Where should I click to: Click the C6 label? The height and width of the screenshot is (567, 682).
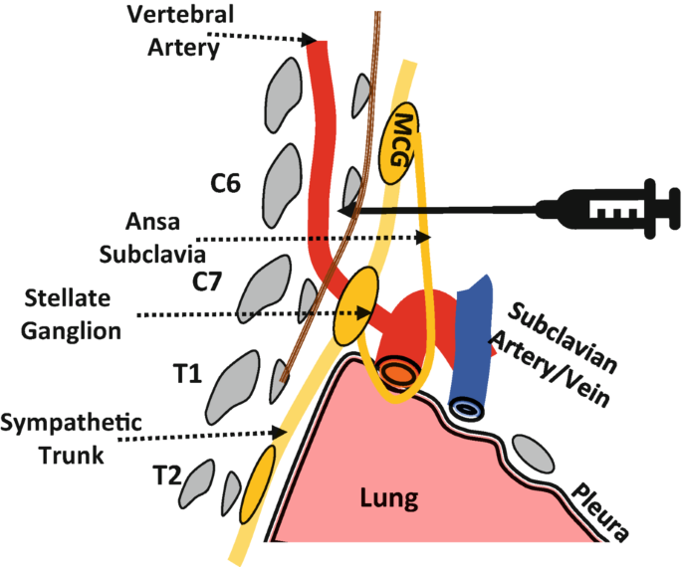coord(225,184)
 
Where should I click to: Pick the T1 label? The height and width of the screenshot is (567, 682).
coord(188,375)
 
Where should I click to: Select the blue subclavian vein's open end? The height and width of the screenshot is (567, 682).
coord(465,408)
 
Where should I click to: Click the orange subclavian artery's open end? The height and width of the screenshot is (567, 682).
coord(395,374)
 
